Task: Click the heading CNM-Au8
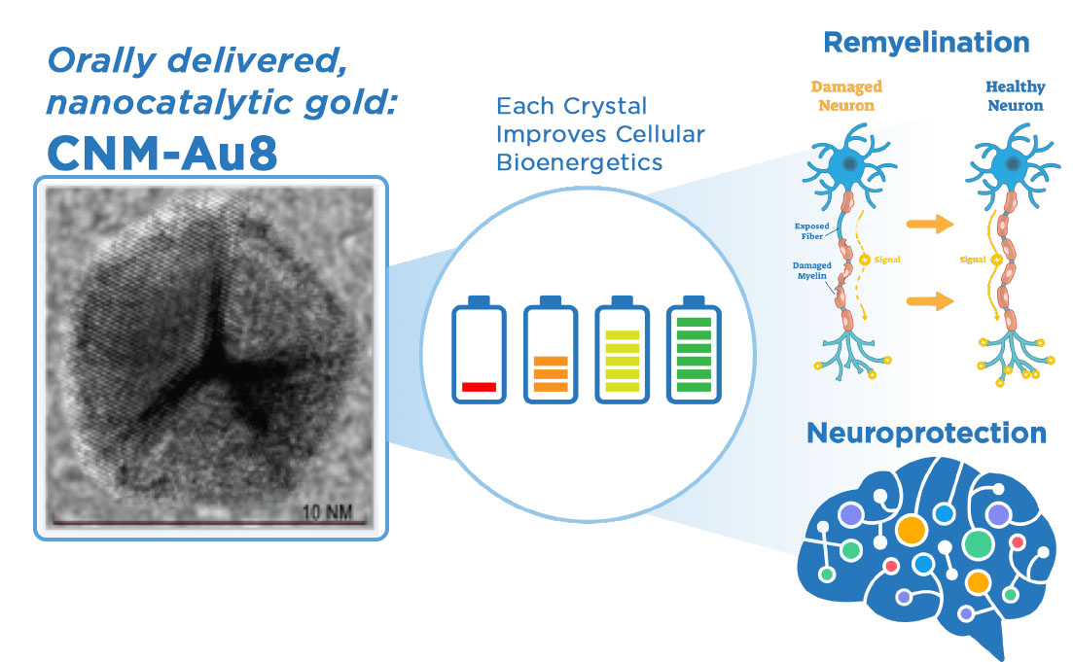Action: coord(162,154)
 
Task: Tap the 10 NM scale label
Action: coord(327,511)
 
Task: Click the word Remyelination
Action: coord(926,43)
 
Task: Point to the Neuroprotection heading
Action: coord(926,433)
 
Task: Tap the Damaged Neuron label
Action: coord(846,95)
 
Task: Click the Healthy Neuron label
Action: coord(1016,95)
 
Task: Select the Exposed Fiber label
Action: coord(811,231)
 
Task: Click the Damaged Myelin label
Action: coord(811,271)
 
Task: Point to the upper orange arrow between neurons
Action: coord(930,224)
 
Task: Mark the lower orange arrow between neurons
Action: coord(930,301)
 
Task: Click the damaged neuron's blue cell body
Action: coord(848,165)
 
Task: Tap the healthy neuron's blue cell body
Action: coord(1012,165)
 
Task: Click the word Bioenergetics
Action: coord(579,162)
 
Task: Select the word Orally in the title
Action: coord(102,62)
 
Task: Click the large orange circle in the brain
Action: coord(911,530)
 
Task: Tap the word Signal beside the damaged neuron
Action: coord(887,260)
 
